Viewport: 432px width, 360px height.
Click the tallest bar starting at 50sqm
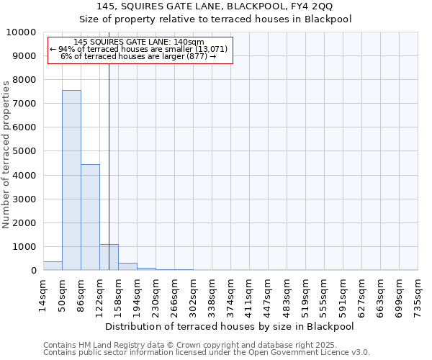[71, 180]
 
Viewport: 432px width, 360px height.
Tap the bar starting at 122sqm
[109, 257]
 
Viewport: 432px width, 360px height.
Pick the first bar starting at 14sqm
[53, 266]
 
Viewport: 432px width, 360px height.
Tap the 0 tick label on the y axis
[34, 271]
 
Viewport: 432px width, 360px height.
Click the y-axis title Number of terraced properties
[6, 155]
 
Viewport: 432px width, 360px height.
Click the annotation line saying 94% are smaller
[139, 49]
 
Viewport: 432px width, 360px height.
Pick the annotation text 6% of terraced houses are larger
[139, 56]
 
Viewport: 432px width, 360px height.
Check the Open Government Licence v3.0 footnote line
[207, 353]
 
